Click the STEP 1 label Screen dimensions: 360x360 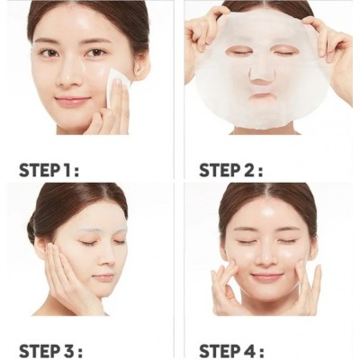(49, 170)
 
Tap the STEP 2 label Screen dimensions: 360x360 (231, 170)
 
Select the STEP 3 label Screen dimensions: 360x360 (50, 350)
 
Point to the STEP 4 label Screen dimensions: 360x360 (231, 350)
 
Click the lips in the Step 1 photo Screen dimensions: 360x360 (72, 100)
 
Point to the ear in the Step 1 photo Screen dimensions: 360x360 (140, 67)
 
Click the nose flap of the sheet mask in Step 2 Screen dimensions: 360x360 (257, 75)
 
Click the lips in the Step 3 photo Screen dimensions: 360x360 (103, 277)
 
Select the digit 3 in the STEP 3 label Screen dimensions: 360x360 (70, 350)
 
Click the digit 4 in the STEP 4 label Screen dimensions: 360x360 (250, 350)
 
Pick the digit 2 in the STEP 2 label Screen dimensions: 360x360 (250, 170)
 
